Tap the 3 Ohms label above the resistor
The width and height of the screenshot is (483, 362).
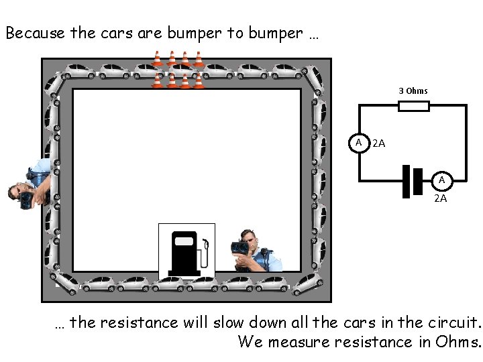[413, 90]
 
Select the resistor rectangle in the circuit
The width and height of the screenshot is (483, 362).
[414, 105]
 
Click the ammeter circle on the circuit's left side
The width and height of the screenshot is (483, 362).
[360, 143]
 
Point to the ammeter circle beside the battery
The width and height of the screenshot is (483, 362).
[441, 181]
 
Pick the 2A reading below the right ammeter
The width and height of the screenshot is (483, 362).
[441, 198]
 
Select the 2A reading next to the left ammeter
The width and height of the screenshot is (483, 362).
[378, 143]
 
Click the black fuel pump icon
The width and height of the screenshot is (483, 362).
[184, 252]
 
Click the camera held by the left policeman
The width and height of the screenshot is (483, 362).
[28, 197]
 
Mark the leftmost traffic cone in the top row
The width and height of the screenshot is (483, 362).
[157, 59]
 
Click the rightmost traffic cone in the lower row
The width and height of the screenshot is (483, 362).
[199, 81]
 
